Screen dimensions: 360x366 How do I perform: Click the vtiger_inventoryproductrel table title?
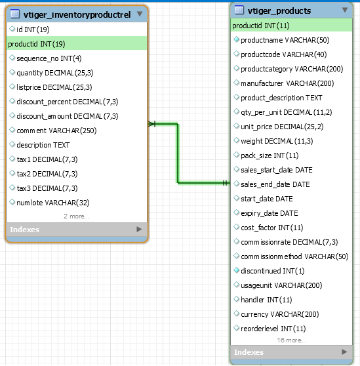click(77, 14)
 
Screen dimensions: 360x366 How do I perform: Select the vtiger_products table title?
click(279, 10)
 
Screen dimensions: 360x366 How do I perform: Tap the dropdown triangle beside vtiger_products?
click(345, 10)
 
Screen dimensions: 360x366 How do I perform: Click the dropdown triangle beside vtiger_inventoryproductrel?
click(140, 14)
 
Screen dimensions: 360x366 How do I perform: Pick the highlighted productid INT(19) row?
click(77, 44)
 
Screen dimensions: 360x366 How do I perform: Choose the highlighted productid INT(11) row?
click(291, 25)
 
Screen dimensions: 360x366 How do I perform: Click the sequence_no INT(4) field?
click(49, 58)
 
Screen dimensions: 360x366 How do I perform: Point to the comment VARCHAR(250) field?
click(56, 131)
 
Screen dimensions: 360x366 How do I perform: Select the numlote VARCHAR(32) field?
click(53, 203)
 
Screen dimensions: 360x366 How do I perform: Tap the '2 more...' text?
click(77, 216)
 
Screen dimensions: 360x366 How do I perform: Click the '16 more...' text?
click(292, 340)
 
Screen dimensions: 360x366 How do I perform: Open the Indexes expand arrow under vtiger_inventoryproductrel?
click(139, 229)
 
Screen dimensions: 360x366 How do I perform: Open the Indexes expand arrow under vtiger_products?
click(344, 352)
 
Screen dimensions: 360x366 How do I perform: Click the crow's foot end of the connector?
click(151, 124)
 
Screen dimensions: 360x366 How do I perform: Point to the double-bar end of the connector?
click(225, 183)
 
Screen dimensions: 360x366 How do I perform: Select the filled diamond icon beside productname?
click(236, 39)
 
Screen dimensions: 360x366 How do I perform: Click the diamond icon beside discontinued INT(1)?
click(236, 270)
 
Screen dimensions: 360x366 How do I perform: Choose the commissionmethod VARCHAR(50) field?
click(294, 256)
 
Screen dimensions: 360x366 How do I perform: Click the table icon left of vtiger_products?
click(239, 10)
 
